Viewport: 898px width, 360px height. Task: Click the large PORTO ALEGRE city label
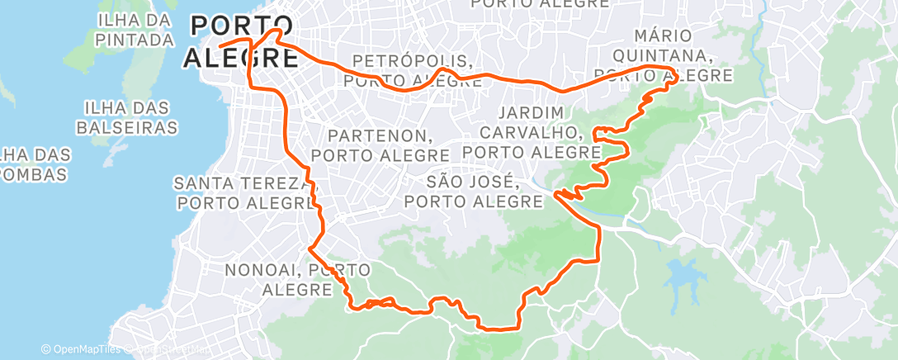pos(241,41)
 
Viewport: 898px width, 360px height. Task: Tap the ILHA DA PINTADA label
pos(134,29)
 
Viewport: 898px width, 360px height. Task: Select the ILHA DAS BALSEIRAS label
pos(126,117)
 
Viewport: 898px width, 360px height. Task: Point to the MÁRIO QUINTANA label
pos(673,55)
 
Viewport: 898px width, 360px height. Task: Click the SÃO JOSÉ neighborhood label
pos(473,191)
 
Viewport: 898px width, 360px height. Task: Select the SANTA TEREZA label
pos(245,192)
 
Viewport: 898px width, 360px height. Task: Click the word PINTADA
pos(134,39)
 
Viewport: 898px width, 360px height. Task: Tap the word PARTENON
pos(380,135)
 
